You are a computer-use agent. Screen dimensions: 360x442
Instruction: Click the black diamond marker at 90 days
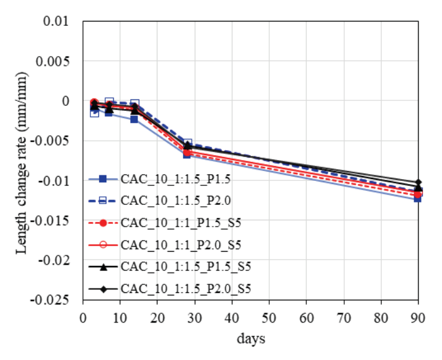tap(419, 183)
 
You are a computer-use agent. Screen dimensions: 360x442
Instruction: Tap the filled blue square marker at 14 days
tap(135, 119)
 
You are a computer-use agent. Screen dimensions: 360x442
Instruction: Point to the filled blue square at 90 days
tap(419, 198)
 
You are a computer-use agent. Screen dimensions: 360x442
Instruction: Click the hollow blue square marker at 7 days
tap(109, 102)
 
